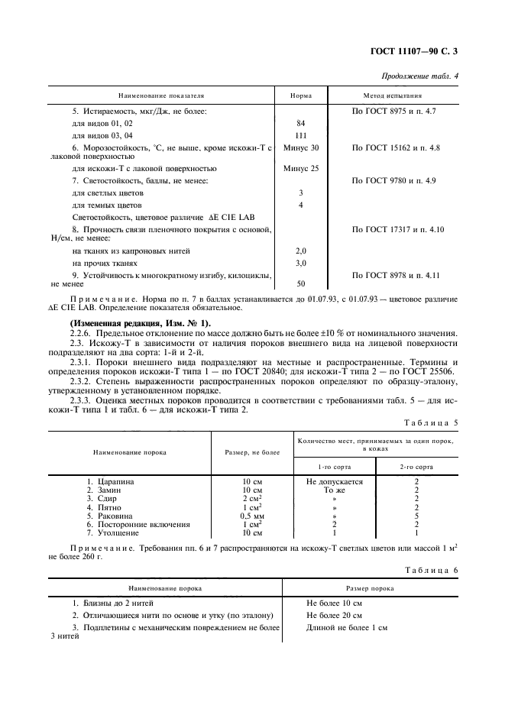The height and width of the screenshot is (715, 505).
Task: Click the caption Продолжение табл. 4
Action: (426, 74)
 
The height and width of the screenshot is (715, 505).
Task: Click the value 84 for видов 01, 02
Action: (300, 123)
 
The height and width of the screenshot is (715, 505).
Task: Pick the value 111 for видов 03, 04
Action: (300, 134)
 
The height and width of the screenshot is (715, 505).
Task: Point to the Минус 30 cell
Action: (300, 147)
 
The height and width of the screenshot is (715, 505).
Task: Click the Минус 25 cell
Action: (300, 168)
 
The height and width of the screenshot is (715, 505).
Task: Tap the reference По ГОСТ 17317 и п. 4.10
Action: (397, 229)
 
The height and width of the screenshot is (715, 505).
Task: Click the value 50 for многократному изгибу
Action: (300, 283)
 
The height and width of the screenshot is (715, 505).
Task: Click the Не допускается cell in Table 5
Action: (334, 482)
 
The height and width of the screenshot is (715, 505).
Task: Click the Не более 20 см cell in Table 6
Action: (334, 615)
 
